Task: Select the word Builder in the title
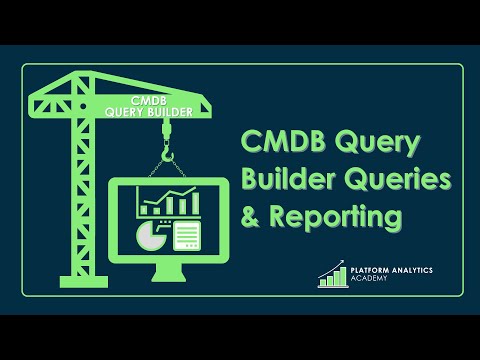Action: tap(290, 180)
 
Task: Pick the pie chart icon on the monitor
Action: tap(149, 237)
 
